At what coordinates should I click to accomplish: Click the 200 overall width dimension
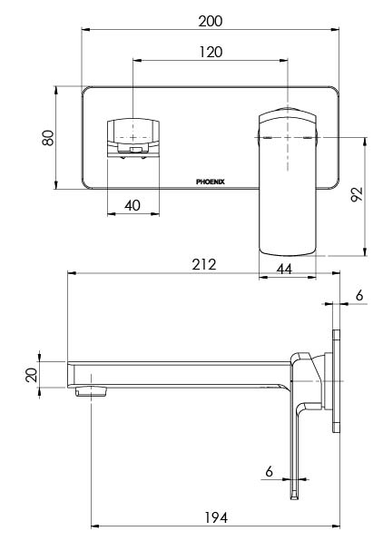[211, 20]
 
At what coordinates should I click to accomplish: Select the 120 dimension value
[211, 52]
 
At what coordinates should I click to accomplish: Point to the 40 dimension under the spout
[133, 206]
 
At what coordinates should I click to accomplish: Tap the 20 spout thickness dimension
[32, 375]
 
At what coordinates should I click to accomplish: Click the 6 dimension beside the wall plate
[359, 295]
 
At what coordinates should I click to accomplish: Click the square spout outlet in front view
[133, 136]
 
